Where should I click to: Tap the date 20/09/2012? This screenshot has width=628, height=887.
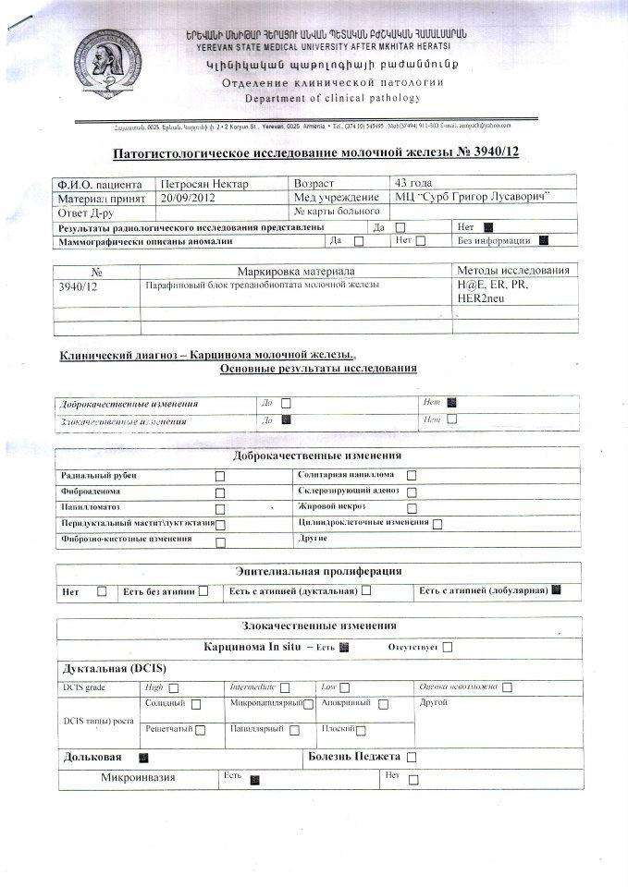point(188,197)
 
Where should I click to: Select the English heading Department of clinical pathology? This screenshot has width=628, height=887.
point(332,98)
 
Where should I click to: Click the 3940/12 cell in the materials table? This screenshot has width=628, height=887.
point(78,287)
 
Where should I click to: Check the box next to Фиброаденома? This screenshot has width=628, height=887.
point(220,492)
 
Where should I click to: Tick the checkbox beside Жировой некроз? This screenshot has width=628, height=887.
point(412,507)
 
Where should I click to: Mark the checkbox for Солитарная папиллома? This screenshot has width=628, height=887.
point(412,476)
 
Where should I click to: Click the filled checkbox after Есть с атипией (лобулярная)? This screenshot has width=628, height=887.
point(556,589)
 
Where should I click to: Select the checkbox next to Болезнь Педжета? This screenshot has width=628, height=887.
point(412,757)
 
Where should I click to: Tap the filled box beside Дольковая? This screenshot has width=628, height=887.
point(142,757)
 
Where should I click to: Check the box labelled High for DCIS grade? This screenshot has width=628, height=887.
point(173,687)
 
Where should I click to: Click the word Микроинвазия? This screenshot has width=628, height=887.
point(138,778)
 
